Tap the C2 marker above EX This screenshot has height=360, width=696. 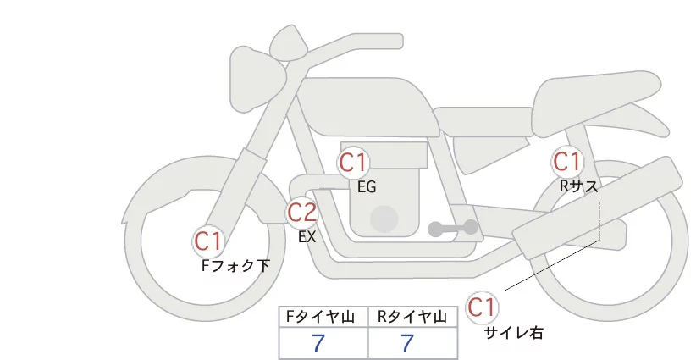pyautogui.click(x=302, y=212)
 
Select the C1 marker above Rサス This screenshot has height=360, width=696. pyautogui.click(x=566, y=161)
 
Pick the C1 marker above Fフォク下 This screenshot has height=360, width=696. pyautogui.click(x=208, y=241)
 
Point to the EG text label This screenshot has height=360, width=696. pyautogui.click(x=367, y=187)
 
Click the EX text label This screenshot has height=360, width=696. pyautogui.click(x=307, y=237)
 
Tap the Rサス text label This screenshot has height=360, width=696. pyautogui.click(x=578, y=186)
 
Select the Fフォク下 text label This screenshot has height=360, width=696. pyautogui.click(x=235, y=266)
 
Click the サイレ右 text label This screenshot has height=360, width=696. pyautogui.click(x=513, y=332)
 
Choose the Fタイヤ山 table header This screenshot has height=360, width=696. pyautogui.click(x=323, y=317)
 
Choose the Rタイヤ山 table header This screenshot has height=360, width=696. pyautogui.click(x=412, y=317)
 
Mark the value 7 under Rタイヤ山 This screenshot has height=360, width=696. pyautogui.click(x=407, y=343)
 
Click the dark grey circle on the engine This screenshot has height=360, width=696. pyautogui.click(x=384, y=219)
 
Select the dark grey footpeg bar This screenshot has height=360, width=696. pyautogui.click(x=453, y=228)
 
